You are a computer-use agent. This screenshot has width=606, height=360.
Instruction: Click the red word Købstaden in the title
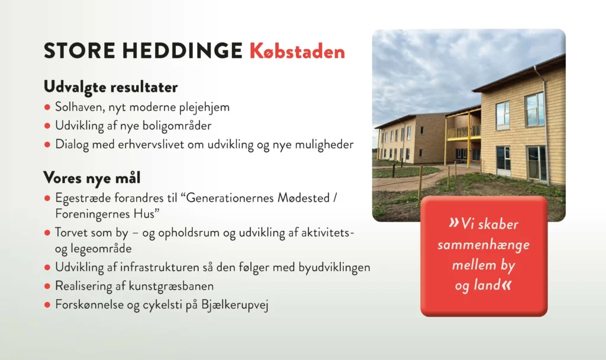point(297,51)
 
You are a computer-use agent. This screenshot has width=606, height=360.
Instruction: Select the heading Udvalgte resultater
point(111,87)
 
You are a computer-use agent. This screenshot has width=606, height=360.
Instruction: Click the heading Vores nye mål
point(92,178)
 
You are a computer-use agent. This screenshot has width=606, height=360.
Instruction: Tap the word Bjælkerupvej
point(234,305)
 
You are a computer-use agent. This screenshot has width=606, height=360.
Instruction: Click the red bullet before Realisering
point(47,286)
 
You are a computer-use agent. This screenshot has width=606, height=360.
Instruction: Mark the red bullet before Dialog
point(47,144)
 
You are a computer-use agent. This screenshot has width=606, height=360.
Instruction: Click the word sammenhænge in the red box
point(483,245)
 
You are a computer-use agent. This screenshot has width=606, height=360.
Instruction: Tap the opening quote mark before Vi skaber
point(454,223)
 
